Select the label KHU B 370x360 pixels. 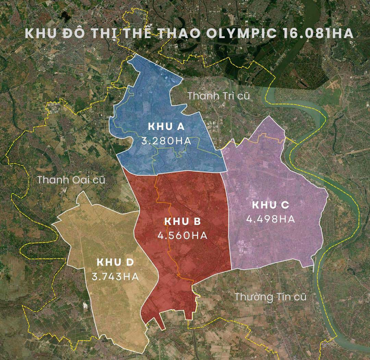182,221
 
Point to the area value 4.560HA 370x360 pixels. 182,236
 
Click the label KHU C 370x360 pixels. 270,205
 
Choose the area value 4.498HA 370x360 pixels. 270,219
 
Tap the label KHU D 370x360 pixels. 115,262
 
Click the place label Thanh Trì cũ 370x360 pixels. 219,96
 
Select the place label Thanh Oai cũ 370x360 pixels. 71,180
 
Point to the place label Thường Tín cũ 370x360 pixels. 270,297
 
